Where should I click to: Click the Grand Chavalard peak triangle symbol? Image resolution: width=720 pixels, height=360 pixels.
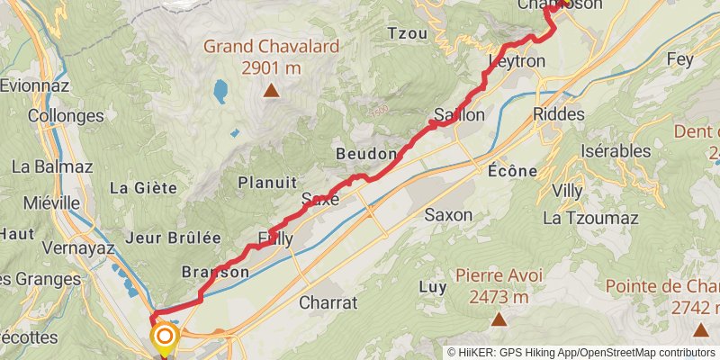pyautogui.click(x=270, y=90)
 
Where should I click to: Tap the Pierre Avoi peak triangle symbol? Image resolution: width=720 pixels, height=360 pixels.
pyautogui.click(x=498, y=319)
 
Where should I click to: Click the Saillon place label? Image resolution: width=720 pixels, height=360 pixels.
pyautogui.click(x=459, y=115)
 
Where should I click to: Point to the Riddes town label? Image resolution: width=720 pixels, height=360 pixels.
pyautogui.click(x=558, y=114)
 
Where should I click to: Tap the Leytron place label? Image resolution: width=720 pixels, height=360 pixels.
pyautogui.click(x=517, y=61)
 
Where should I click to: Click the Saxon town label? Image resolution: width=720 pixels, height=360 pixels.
pyautogui.click(x=449, y=215)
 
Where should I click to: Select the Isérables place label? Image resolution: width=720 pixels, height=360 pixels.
pyautogui.click(x=616, y=150)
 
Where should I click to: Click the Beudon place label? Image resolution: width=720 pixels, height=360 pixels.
pyautogui.click(x=365, y=154)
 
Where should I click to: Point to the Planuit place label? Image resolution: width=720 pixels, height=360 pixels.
pyautogui.click(x=266, y=183)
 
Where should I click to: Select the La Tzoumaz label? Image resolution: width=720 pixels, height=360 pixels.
pyautogui.click(x=590, y=218)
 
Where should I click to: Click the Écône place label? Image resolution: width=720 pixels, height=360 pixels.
pyautogui.click(x=512, y=171)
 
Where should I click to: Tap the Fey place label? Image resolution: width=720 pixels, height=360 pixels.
pyautogui.click(x=679, y=59)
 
